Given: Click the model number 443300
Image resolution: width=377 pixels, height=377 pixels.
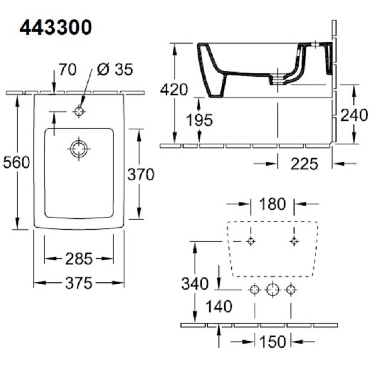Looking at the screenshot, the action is [55, 27].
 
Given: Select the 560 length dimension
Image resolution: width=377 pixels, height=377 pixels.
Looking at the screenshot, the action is [16, 162].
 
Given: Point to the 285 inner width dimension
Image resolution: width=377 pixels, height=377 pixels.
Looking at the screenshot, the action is [79, 259].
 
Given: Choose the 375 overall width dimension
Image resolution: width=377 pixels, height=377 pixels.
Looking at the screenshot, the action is [79, 283].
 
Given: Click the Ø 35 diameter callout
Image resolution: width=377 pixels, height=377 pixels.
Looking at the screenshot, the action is [115, 69].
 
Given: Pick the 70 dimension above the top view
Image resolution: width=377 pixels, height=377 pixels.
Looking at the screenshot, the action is [67, 69].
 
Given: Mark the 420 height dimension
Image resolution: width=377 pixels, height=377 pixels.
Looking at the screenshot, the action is [174, 90].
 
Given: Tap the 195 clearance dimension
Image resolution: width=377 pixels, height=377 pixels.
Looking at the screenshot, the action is [200, 120].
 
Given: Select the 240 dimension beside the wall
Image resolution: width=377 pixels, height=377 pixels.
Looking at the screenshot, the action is [354, 115].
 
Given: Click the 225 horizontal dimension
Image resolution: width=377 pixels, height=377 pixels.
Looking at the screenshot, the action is [304, 164].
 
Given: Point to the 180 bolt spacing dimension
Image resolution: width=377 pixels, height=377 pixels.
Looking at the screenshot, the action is [273, 204].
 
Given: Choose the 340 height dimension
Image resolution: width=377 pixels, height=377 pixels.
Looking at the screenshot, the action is [195, 283].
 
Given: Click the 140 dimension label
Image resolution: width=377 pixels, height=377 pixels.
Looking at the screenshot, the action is [219, 306].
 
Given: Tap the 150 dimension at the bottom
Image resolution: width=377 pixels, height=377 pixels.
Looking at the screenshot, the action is [273, 341].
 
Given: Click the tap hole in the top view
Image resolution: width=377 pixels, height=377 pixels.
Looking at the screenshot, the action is [79, 111].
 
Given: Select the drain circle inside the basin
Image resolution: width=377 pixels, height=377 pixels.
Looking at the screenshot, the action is [79, 149].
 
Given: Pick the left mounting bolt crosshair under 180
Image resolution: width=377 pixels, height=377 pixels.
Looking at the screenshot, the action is [251, 241].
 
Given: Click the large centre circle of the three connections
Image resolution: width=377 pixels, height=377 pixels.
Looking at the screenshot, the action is [273, 290].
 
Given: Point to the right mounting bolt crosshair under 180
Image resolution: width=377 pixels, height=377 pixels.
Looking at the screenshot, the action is [294, 241].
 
